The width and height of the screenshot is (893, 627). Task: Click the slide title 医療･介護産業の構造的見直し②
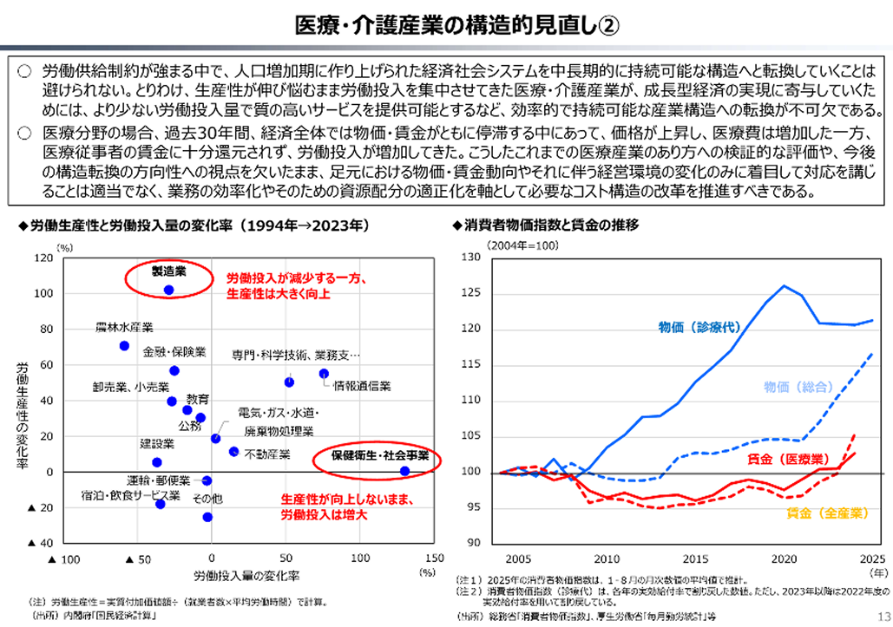tap(446, 24)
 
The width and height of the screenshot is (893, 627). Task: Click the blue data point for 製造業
tap(168, 290)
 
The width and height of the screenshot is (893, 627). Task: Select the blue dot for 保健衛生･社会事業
tap(404, 471)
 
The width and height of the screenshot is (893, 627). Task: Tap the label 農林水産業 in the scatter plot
tap(124, 328)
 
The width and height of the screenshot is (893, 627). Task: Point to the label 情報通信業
tap(362, 385)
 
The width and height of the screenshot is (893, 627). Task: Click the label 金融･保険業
tap(174, 351)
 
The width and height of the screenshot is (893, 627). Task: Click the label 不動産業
tap(266, 454)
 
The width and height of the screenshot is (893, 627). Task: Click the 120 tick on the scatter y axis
tap(41, 258)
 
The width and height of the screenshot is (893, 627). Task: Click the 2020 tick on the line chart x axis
tap(785, 558)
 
